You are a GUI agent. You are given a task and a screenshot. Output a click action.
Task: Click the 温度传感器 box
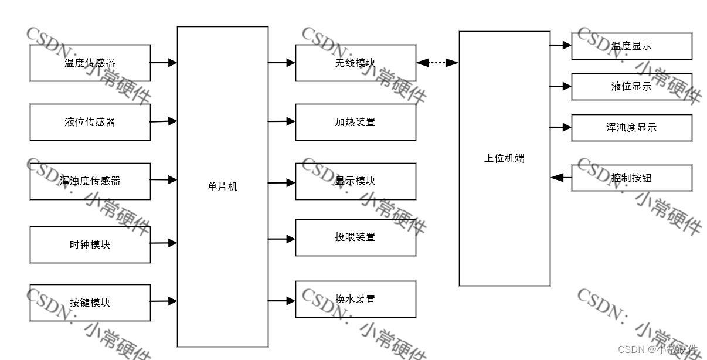[x=90, y=63]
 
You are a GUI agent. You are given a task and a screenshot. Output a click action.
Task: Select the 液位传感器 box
[x=90, y=122]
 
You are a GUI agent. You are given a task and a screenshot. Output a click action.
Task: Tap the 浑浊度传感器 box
[x=90, y=181]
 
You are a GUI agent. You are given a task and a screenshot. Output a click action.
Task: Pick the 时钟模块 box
[x=90, y=244]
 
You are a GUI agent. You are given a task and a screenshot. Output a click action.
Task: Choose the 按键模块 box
[x=90, y=303]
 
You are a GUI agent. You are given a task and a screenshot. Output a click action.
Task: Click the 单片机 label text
[x=223, y=187]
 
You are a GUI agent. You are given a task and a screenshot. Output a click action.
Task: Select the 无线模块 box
[x=355, y=63]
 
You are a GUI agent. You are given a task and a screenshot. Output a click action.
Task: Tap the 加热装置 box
[x=355, y=122]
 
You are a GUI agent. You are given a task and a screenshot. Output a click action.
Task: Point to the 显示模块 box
[x=355, y=181]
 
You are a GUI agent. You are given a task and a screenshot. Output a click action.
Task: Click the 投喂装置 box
[x=355, y=237]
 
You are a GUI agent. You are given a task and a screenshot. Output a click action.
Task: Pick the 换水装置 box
[x=355, y=299]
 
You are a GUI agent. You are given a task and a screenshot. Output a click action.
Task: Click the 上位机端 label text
[x=504, y=158]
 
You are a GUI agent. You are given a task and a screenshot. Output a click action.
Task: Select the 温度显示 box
[x=631, y=46]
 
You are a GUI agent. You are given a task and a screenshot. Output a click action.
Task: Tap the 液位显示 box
[x=631, y=87]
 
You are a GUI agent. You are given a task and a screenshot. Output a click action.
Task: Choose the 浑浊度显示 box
[x=631, y=127]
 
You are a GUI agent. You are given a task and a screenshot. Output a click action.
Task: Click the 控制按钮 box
[x=631, y=178]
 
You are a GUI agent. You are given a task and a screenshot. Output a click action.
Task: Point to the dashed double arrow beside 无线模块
[x=437, y=62]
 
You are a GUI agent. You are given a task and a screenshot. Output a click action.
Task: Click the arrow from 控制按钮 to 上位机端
[x=561, y=178]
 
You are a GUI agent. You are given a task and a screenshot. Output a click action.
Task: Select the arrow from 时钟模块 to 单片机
[x=164, y=243]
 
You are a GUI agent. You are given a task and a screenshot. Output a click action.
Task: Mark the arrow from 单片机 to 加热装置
[x=281, y=121]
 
